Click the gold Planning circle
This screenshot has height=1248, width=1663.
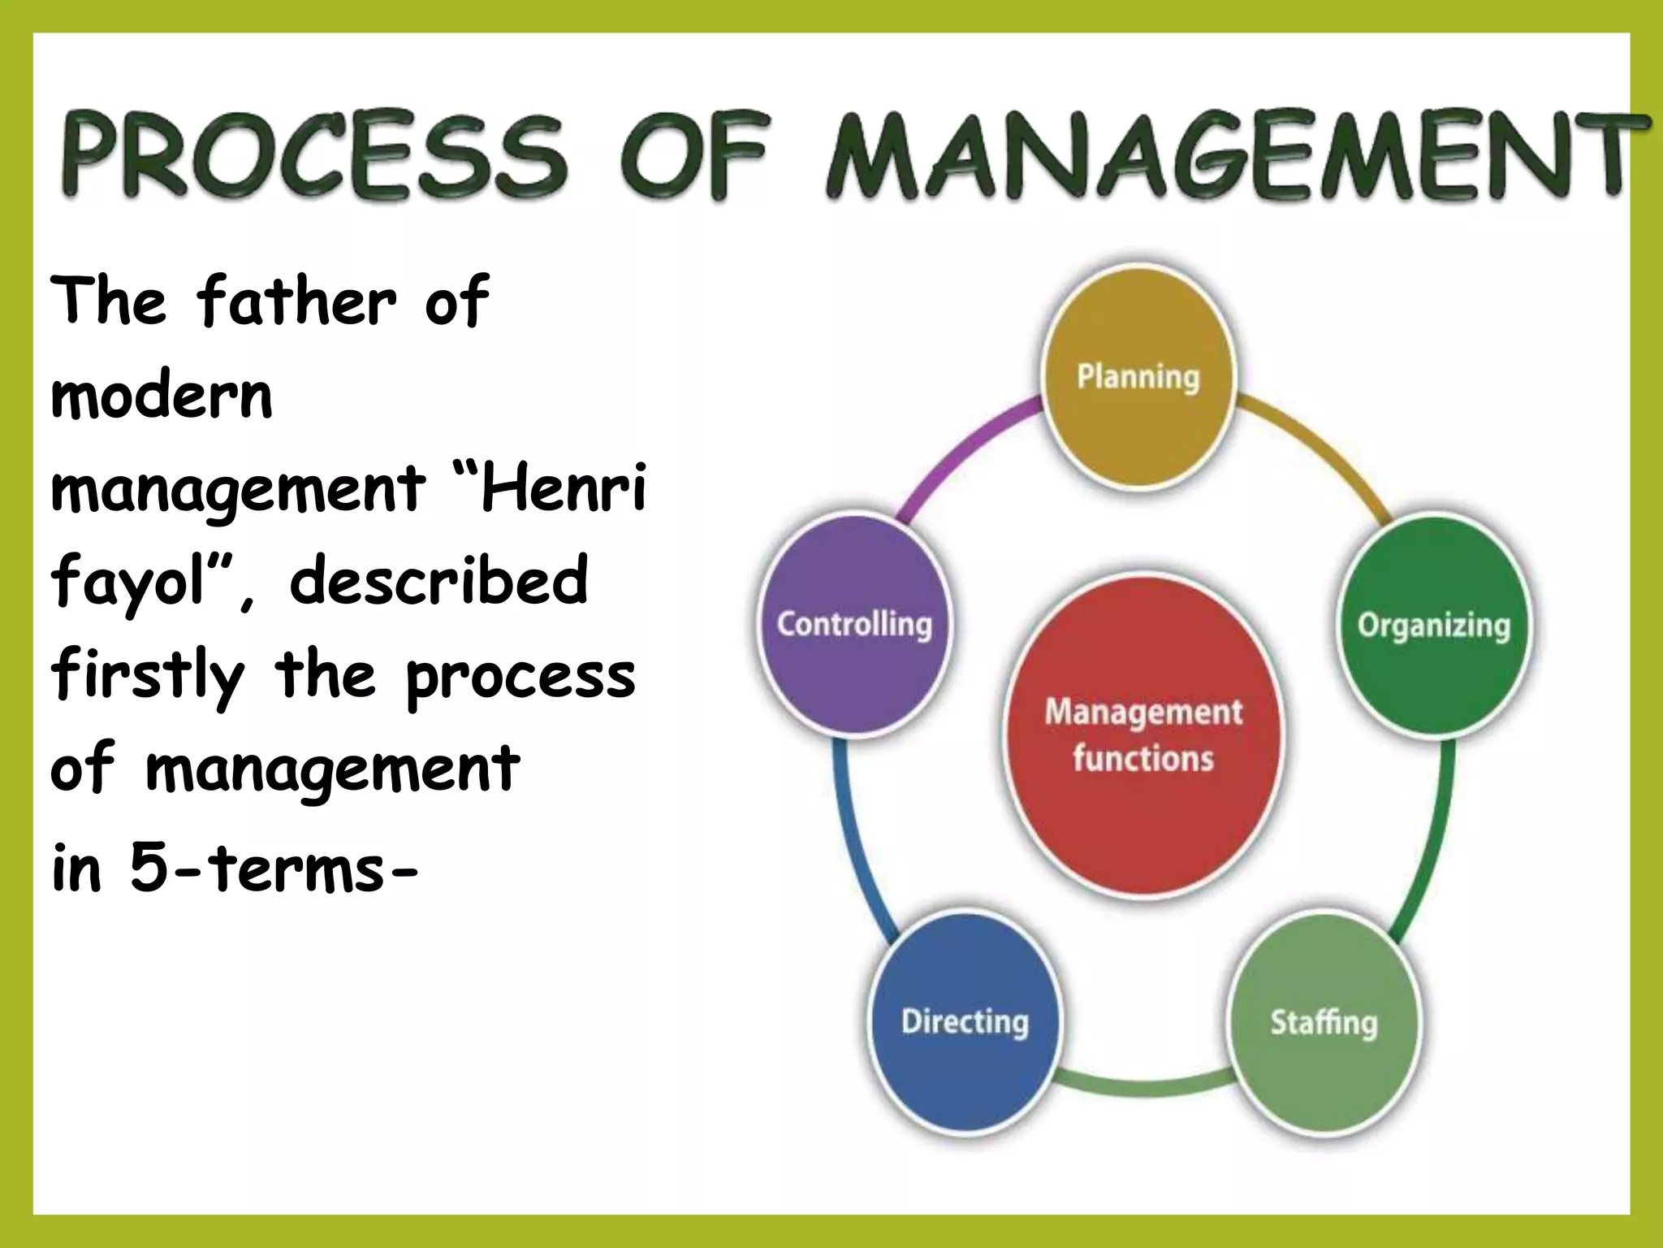pos(1138,377)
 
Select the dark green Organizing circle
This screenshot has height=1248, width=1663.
pos(1433,626)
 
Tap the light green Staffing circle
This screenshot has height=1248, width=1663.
pos(1324,1022)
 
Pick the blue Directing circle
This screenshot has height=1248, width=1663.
pos(965,1021)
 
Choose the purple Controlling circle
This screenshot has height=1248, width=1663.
pos(854,624)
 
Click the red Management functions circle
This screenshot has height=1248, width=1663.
pos(1143,735)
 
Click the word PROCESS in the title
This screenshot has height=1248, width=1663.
pos(313,156)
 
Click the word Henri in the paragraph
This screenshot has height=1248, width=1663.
pos(564,487)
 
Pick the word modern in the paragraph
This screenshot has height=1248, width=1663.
pos(162,396)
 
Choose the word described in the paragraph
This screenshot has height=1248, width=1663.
pos(438,580)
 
